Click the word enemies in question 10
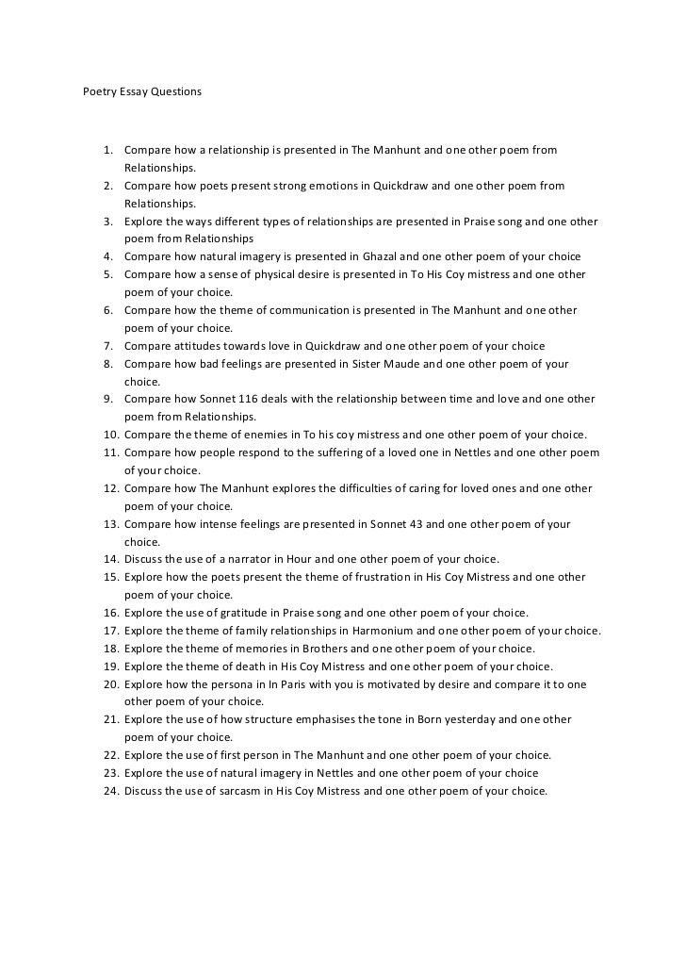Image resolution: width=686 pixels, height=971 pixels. pyautogui.click(x=241, y=435)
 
